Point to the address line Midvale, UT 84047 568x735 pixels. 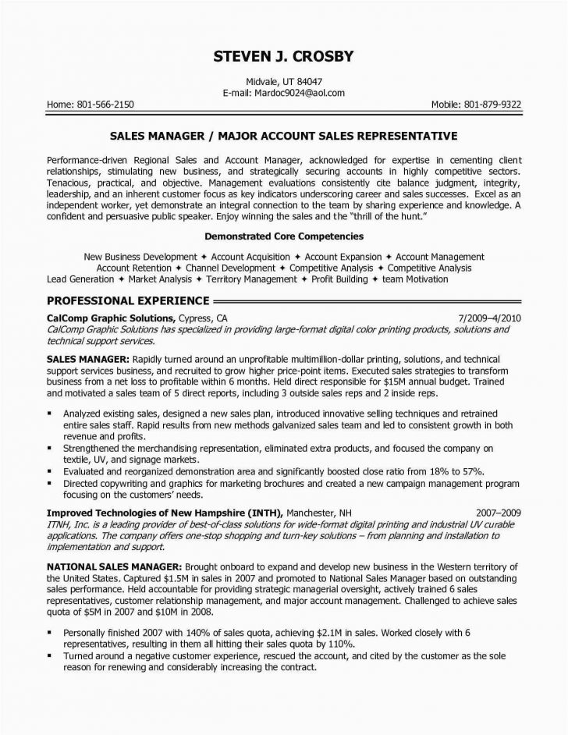click(284, 81)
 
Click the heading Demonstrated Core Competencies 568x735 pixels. click(284, 235)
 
